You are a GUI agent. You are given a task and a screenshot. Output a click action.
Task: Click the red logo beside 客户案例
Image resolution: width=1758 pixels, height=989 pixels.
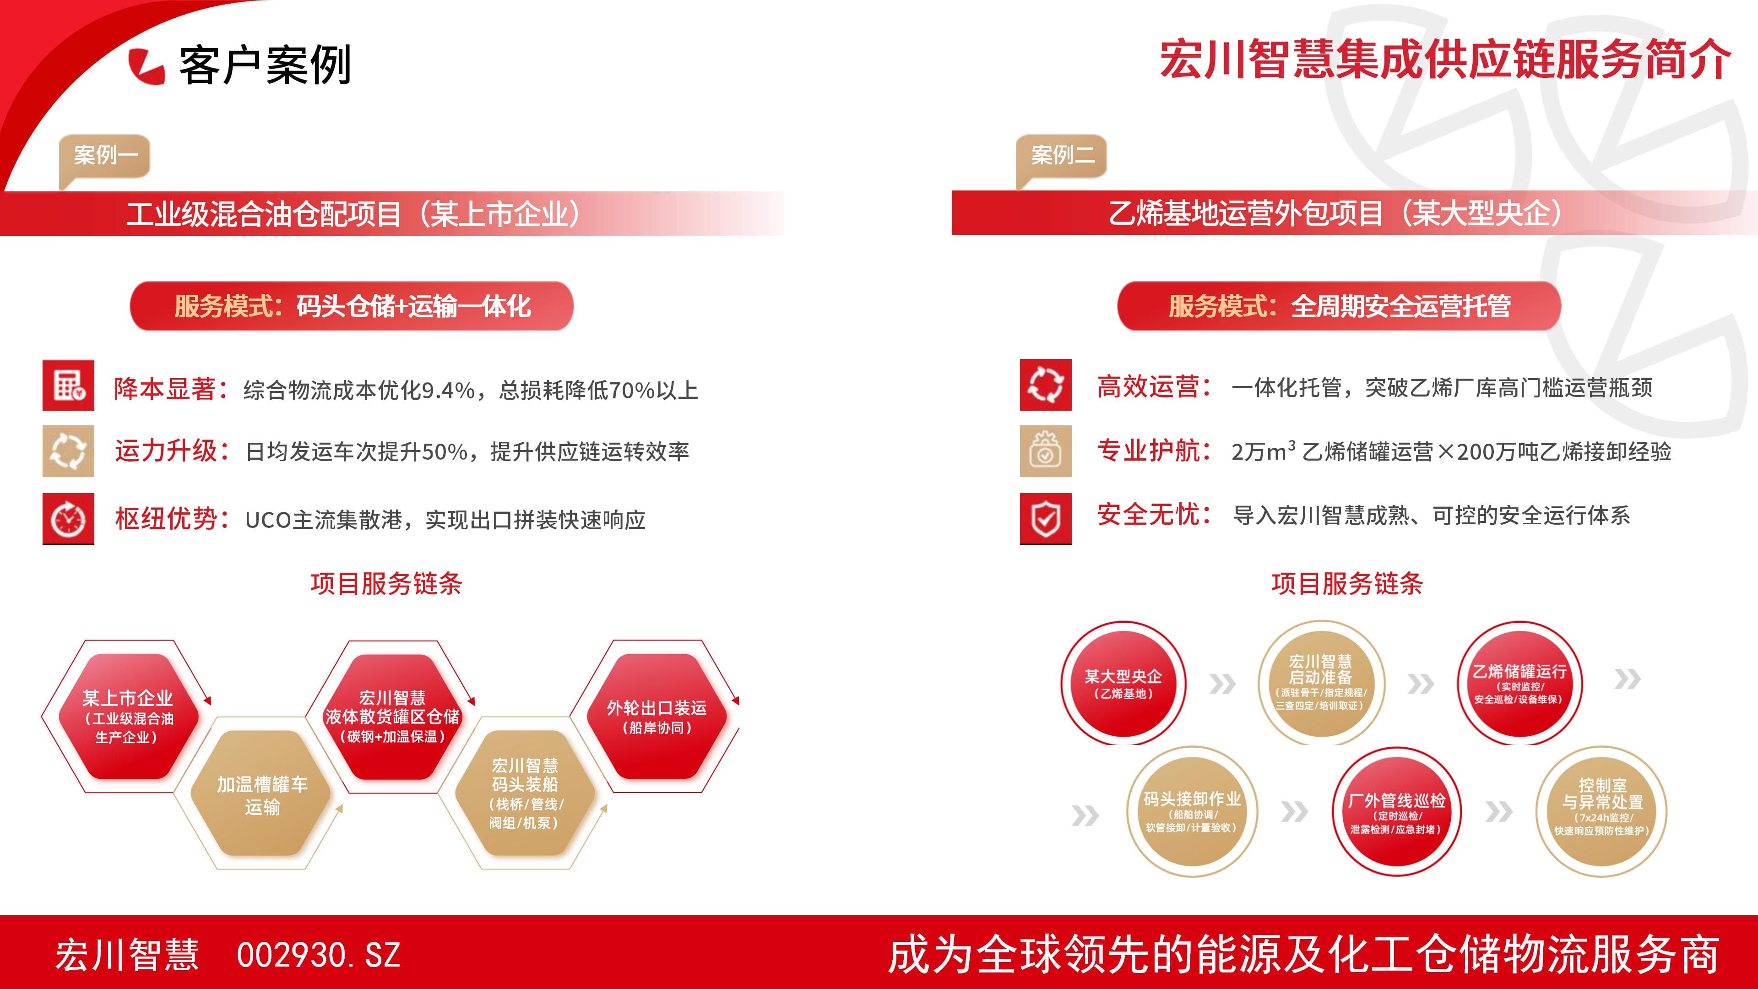(x=146, y=66)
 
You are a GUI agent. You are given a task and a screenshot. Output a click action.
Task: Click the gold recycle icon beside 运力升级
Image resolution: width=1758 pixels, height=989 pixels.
(x=68, y=451)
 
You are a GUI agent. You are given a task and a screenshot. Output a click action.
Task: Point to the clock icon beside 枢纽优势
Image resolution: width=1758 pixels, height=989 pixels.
(x=68, y=519)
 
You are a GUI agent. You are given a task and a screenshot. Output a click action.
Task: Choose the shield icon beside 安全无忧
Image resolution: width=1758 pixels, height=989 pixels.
(x=1046, y=519)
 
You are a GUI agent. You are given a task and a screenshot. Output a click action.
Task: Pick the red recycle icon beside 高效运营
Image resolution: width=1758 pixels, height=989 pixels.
(x=1046, y=385)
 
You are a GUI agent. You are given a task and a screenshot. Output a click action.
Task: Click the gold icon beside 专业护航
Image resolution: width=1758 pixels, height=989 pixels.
(x=1046, y=451)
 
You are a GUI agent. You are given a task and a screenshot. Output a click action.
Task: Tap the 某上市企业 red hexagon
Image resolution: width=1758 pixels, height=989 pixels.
(x=128, y=716)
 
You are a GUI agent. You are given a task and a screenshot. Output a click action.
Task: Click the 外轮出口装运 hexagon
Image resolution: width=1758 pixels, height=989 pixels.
(x=657, y=716)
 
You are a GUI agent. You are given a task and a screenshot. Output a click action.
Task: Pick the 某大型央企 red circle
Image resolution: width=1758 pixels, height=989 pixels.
(x=1123, y=683)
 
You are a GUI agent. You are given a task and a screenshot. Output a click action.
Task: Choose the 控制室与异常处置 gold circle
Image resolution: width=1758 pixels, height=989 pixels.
(x=1602, y=811)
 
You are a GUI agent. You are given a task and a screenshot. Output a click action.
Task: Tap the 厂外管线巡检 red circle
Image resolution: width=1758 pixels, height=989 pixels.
(x=1396, y=811)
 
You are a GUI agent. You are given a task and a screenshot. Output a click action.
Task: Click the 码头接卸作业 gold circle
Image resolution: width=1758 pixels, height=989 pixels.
(x=1192, y=811)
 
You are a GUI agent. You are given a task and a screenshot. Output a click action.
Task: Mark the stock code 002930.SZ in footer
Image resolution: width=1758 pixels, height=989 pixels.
(x=318, y=955)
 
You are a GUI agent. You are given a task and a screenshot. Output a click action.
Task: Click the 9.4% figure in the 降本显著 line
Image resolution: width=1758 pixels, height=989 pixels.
(x=448, y=391)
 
